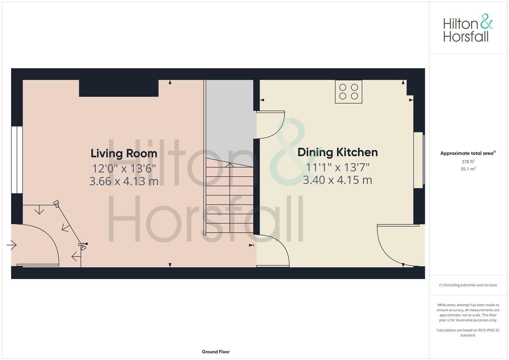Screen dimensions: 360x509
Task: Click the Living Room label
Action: point(124,154)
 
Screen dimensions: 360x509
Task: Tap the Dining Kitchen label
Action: point(337,152)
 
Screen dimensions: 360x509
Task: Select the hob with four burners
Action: point(348,92)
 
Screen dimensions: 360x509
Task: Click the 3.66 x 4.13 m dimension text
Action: point(124,181)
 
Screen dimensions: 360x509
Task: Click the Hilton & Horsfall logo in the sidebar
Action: point(468,28)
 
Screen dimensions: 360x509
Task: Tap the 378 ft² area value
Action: point(468,162)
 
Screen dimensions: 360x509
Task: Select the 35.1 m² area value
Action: point(468,169)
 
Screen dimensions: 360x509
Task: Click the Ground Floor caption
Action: point(216,352)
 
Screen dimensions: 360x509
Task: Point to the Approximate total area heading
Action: point(468,153)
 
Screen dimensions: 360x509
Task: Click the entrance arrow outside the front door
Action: point(12,245)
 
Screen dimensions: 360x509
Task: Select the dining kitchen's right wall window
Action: point(419,160)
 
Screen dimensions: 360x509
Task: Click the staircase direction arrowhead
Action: point(230,164)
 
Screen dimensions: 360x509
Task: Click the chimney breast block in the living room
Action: point(119,88)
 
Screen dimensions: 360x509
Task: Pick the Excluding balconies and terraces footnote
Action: point(468,285)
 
